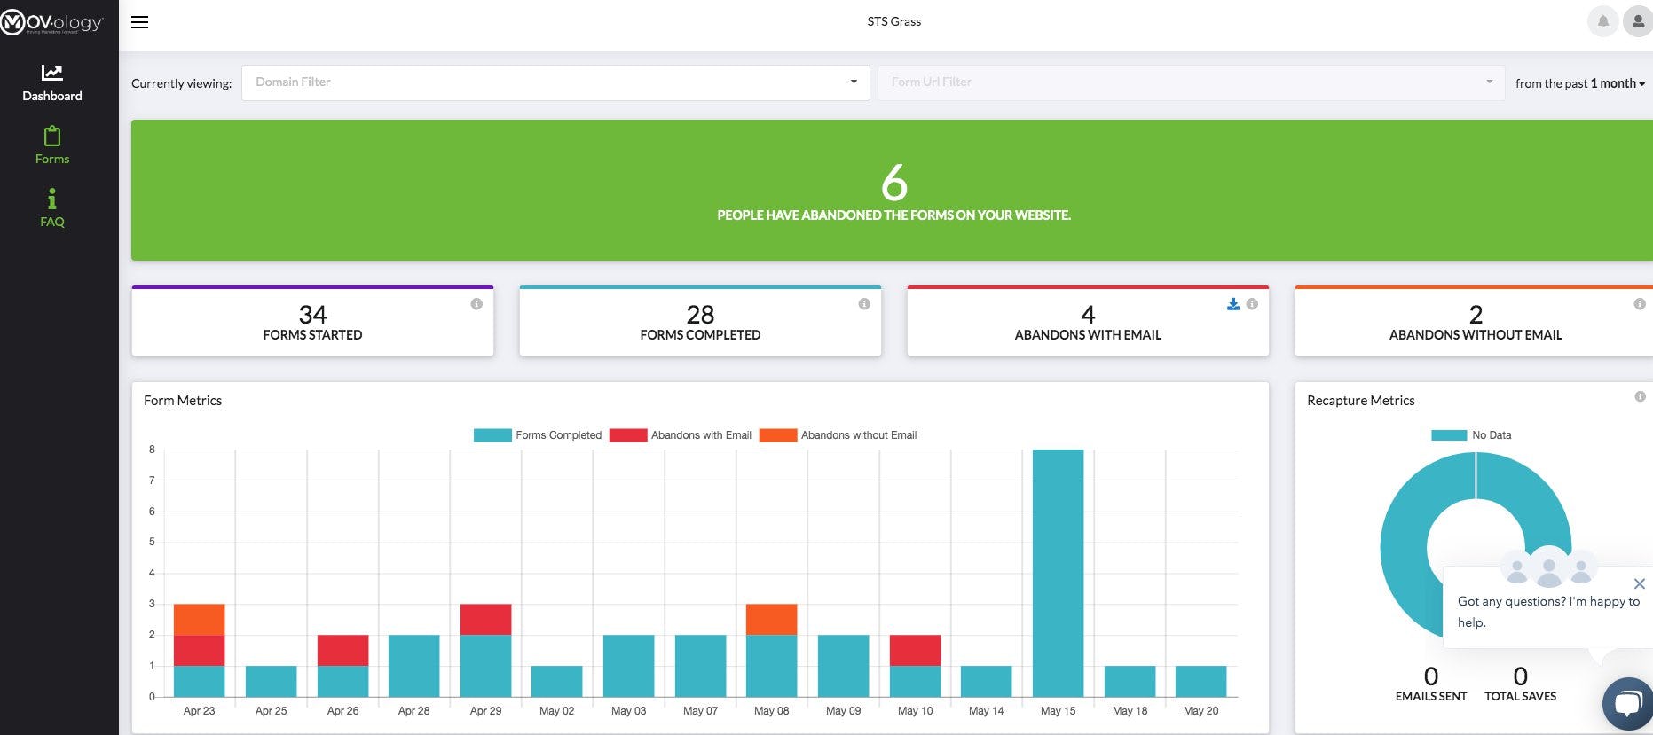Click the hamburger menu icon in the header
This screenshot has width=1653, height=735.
[139, 22]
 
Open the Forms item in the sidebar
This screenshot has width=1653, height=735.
[52, 146]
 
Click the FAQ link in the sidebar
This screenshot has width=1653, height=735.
[52, 208]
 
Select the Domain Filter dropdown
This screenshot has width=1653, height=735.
[555, 82]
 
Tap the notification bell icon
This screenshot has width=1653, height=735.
[1602, 21]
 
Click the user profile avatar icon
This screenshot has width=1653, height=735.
[1637, 21]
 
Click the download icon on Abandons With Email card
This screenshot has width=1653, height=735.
[1233, 304]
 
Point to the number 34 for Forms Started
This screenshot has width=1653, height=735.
[312, 315]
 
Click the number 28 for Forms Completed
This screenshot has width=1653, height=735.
[700, 315]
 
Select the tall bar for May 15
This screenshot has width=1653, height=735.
[1058, 573]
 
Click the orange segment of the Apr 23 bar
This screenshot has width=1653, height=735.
[199, 619]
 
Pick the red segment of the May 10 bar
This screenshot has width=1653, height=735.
[915, 650]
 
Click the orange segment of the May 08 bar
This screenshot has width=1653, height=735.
[771, 619]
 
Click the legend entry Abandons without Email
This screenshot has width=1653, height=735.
[838, 435]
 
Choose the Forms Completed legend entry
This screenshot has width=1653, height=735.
[538, 435]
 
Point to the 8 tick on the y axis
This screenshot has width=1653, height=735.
[152, 450]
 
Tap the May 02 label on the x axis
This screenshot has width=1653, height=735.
[556, 711]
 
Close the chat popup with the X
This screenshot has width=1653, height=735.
[1639, 583]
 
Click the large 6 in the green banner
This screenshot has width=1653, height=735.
[893, 183]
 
